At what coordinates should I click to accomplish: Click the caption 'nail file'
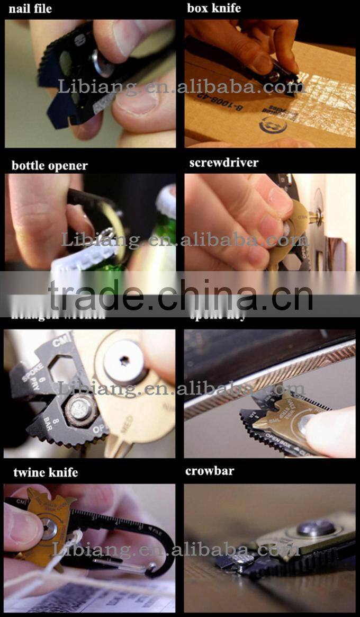coord(30,8)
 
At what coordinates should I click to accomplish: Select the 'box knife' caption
coord(214,8)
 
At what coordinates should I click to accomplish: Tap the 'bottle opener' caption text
coord(50,165)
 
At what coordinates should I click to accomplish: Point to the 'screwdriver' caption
coord(224,163)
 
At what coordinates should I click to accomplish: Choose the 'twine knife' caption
coord(45,472)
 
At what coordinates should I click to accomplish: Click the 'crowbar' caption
coord(210,471)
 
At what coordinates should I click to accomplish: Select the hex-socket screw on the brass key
coord(125,362)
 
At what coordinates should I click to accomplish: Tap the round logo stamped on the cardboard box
coord(273,126)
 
